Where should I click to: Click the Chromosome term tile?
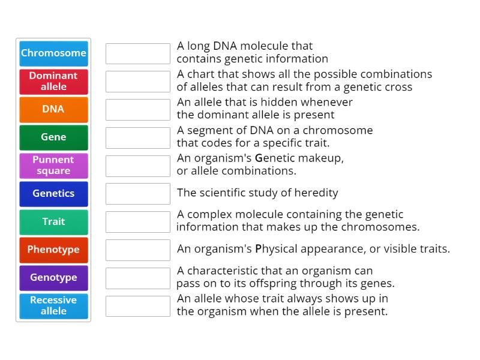coord(53,53)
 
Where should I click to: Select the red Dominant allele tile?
coord(53,81)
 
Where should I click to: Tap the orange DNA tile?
coord(53,109)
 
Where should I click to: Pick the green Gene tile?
coord(53,137)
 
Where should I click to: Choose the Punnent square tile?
coord(53,166)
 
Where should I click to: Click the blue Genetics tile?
coord(53,193)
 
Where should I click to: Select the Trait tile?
coord(53,221)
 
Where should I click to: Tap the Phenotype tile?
coord(53,250)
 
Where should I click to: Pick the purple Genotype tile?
coord(53,278)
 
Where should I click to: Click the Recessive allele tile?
coord(53,306)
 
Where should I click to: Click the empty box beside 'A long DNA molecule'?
coord(138,53)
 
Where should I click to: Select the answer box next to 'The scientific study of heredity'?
coord(138,194)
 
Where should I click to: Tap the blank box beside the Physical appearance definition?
coord(138,250)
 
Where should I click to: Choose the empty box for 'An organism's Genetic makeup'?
coord(138,166)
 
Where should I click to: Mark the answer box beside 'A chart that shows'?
coord(138,82)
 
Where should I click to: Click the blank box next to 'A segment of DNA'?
coord(138,137)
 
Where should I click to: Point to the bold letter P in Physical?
coord(259,249)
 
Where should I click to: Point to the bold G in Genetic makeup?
coord(259,158)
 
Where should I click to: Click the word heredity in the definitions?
coord(317,193)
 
